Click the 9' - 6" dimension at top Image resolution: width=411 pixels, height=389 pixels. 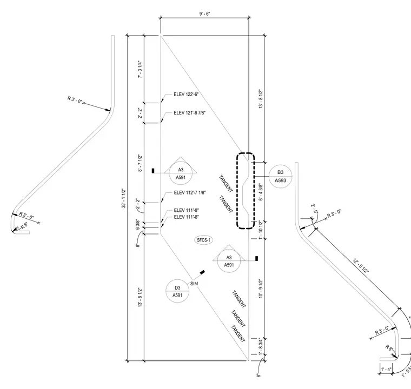204,14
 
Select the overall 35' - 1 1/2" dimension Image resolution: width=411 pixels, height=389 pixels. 124,198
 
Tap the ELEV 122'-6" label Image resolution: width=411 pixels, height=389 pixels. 186,95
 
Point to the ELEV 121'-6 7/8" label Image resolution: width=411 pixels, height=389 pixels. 189,112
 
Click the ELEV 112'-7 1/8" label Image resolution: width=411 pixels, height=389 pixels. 190,192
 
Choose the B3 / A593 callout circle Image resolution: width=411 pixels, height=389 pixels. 280,176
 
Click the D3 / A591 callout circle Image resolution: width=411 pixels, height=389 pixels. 177,291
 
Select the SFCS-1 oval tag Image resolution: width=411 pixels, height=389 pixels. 204,240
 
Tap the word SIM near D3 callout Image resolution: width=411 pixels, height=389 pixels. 194,284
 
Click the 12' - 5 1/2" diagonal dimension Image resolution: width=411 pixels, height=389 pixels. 361,266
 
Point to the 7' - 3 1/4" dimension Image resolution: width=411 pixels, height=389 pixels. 140,69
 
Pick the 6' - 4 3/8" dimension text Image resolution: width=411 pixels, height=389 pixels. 261,192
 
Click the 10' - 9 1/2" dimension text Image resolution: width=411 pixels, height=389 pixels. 261,288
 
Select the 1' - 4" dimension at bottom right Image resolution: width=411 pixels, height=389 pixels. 386,370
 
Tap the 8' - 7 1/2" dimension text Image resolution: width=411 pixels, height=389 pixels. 140,163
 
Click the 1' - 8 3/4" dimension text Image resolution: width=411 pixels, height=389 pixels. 261,346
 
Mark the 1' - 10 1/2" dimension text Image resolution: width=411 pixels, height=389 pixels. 261,230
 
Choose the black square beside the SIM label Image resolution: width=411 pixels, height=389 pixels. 202,272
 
